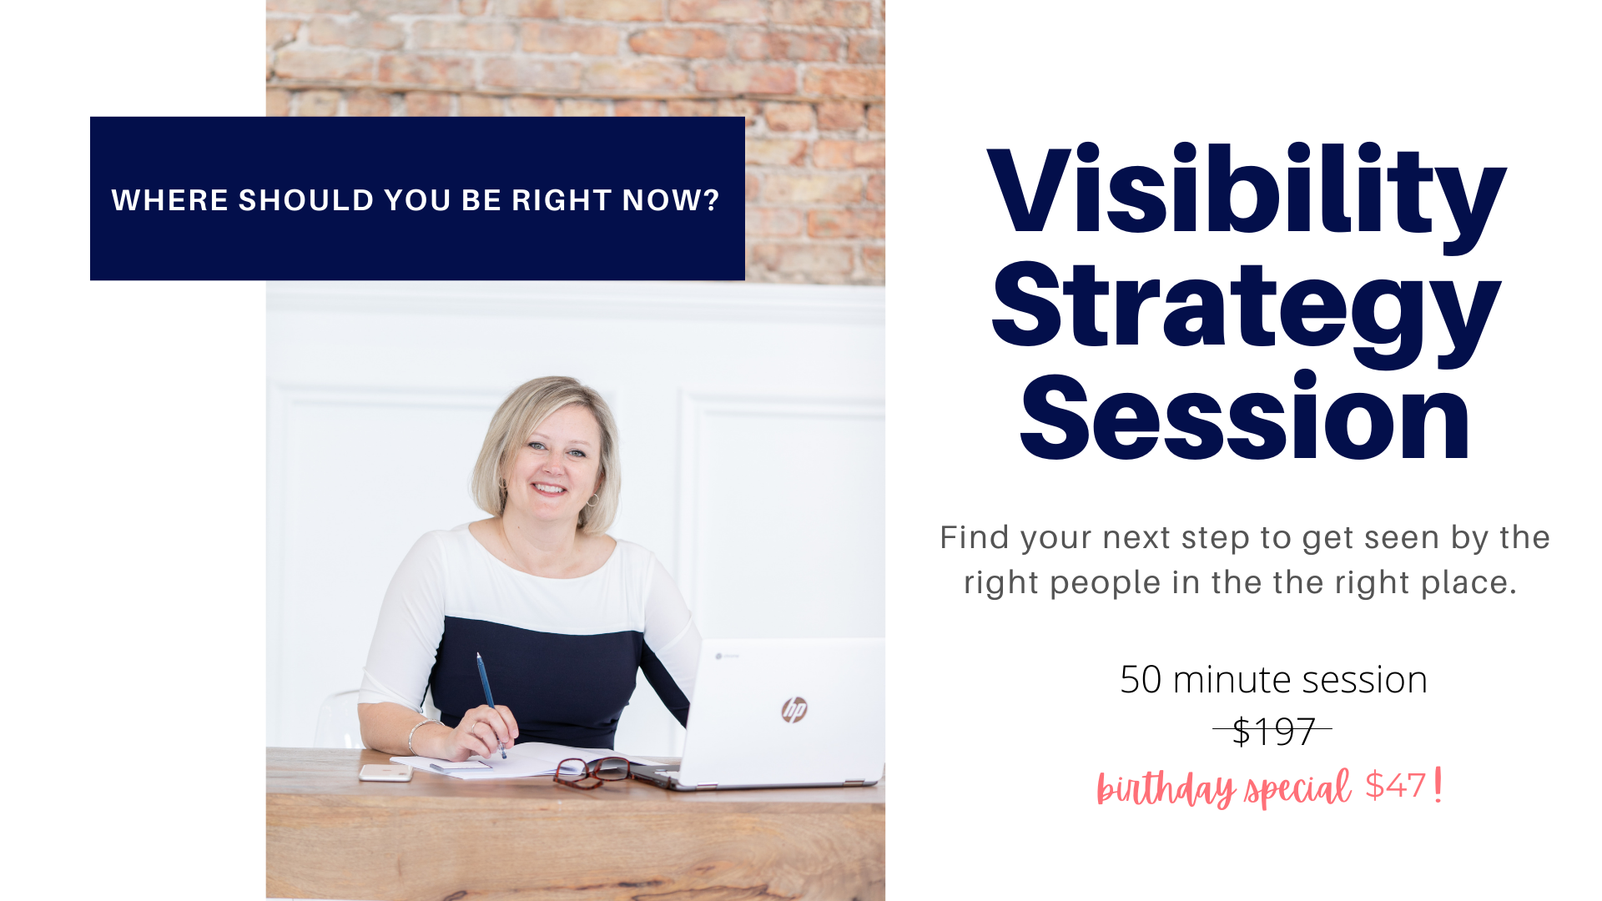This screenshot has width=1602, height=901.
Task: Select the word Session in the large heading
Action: tap(1244, 417)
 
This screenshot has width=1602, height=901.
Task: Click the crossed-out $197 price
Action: tap(1273, 732)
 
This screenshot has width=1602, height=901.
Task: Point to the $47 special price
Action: tap(1395, 785)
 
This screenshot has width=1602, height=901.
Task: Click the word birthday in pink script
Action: tap(1166, 788)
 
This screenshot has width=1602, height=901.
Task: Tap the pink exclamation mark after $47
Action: tap(1438, 786)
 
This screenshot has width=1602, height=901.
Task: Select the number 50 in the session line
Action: tap(1141, 680)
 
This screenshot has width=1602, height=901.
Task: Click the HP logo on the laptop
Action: tap(794, 709)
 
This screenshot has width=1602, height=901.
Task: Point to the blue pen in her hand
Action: tap(491, 704)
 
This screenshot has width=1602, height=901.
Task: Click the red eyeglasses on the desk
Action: tap(591, 771)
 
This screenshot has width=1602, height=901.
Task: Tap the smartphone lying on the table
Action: tap(385, 773)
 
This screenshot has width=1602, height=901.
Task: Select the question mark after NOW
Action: tap(711, 200)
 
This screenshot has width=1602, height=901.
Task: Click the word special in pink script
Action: tap(1297, 788)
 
